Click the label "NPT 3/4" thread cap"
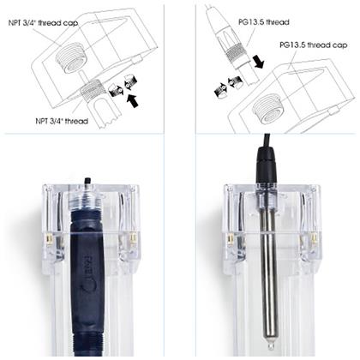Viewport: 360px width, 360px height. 43,23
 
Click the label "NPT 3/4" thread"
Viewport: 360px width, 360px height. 62,121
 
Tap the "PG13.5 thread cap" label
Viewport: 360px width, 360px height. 314,45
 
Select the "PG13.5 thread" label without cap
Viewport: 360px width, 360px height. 264,22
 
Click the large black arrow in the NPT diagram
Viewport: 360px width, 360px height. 132,101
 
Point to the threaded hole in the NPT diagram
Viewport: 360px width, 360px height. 72,57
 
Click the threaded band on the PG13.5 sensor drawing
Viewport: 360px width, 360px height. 235,53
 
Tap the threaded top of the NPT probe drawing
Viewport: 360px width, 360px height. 91,89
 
